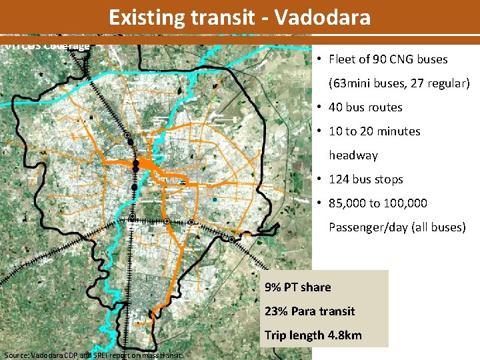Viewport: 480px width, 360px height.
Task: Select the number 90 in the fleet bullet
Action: click(381, 59)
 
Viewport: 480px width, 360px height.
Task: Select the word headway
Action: click(353, 155)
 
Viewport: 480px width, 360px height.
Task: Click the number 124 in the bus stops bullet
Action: click(340, 179)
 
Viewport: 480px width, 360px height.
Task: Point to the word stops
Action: click(389, 179)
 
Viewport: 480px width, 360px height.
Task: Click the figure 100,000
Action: click(404, 203)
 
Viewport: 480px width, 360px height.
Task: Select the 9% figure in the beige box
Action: click(272, 287)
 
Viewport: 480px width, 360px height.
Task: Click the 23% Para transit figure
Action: click(273, 311)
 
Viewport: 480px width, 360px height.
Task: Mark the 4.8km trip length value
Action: click(344, 335)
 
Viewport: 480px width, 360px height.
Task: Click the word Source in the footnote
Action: click(17, 355)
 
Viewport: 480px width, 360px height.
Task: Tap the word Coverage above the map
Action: click(67, 46)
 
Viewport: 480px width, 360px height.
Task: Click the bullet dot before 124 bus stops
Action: click(321, 179)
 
